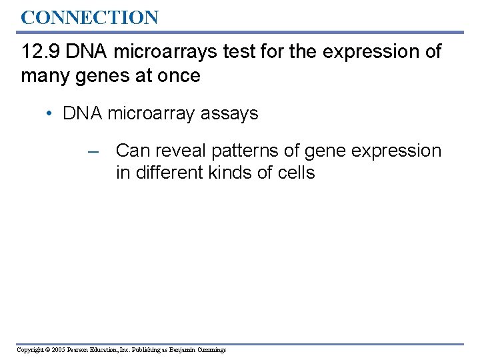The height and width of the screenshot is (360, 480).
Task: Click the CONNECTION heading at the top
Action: pyautogui.click(x=89, y=17)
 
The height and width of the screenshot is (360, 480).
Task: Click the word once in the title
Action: pyautogui.click(x=178, y=75)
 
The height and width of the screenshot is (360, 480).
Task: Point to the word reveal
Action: pyautogui.click(x=181, y=151)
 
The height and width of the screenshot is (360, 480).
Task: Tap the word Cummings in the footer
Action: pyautogui.click(x=212, y=350)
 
